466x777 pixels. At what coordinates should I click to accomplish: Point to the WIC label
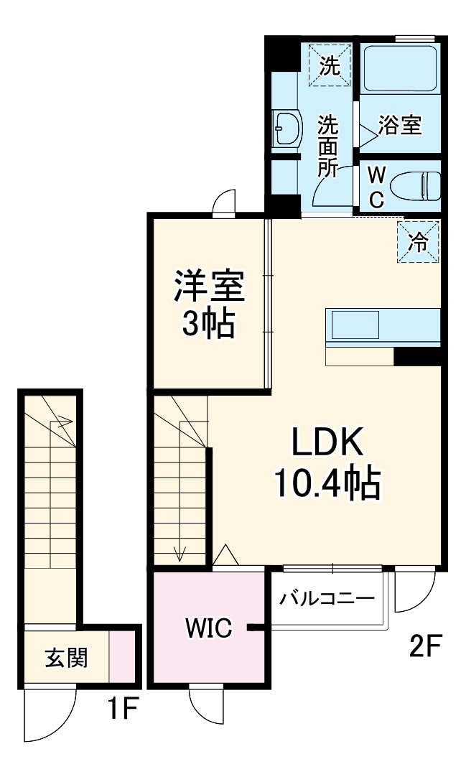coord(208,628)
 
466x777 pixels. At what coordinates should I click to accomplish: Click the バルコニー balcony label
coord(327,598)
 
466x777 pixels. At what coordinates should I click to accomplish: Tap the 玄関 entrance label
coord(67,656)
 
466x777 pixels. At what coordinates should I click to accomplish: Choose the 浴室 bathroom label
coord(400,125)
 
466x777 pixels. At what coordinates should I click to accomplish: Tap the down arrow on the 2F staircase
coord(180,551)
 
